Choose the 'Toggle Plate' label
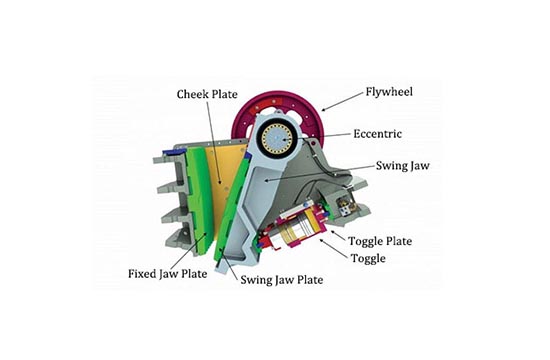click(379, 241)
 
